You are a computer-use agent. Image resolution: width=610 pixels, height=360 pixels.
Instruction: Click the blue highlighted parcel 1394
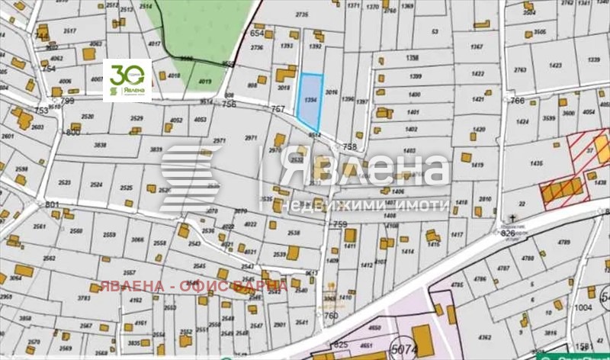click(308, 101)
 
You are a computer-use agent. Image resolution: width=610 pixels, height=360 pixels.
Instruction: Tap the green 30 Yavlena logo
click(127, 79)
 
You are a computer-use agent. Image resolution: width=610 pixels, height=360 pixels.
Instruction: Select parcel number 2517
click(70, 31)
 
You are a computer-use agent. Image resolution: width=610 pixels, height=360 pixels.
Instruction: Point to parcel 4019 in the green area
click(204, 82)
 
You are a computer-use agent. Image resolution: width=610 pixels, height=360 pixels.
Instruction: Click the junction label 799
click(68, 101)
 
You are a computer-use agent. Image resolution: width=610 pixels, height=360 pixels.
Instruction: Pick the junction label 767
click(277, 110)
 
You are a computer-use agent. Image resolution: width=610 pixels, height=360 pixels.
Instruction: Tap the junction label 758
click(350, 146)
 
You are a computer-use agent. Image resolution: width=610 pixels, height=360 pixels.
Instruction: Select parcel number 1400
click(415, 95)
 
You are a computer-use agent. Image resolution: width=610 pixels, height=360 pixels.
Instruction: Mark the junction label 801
click(52, 204)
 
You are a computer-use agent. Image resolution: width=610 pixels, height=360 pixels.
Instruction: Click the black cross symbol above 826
click(513, 219)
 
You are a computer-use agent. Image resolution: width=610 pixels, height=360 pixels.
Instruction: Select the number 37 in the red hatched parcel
click(589, 149)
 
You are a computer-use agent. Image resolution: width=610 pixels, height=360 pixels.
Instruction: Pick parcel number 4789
click(564, 243)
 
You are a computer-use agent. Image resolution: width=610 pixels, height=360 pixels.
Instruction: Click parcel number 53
click(435, 31)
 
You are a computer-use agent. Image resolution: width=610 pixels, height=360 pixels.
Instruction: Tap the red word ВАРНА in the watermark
click(261, 286)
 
